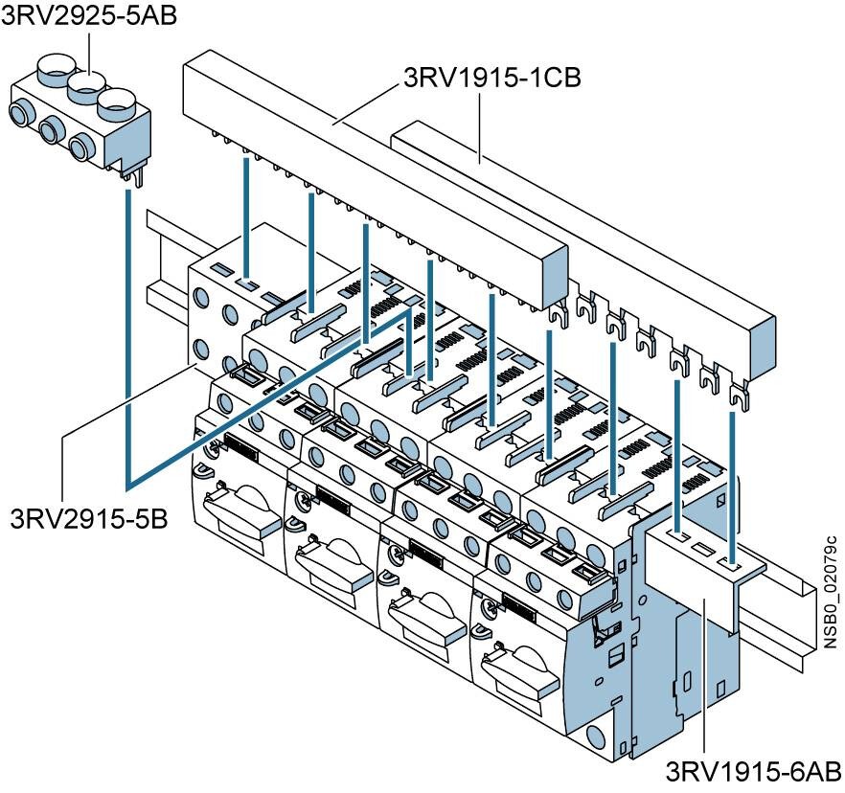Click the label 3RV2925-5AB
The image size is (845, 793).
89,15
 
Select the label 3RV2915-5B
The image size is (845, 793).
89,518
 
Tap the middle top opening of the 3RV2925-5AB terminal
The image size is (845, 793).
89,93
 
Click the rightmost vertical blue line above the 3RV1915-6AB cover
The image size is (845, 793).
733,479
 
